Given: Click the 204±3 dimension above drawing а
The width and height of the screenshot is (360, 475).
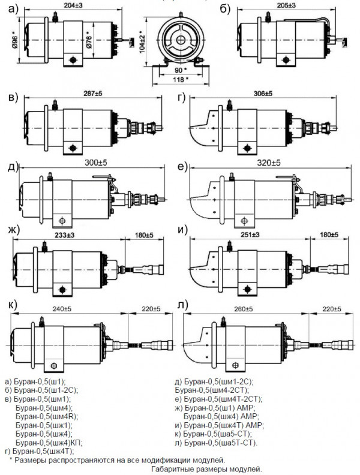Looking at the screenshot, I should pyautogui.click(x=71, y=5).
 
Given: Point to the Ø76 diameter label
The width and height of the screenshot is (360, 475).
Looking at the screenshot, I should pyautogui.click(x=88, y=41).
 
